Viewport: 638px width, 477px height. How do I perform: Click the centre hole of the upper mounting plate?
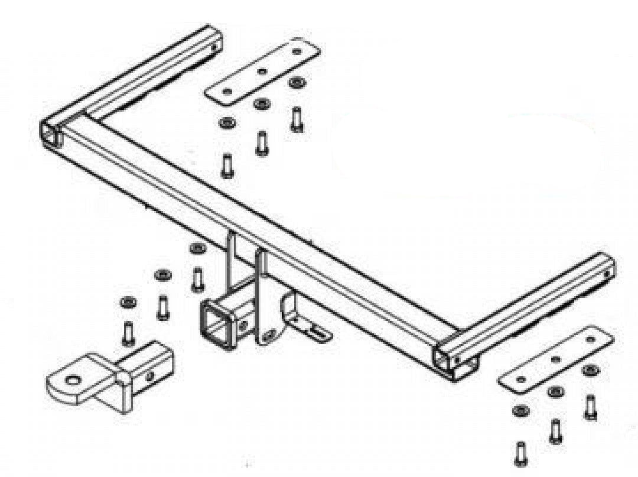[262, 72]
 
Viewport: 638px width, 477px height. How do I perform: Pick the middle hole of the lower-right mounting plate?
[555, 359]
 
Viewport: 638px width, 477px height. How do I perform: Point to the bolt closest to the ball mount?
[128, 333]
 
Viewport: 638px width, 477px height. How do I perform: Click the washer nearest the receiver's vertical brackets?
[197, 248]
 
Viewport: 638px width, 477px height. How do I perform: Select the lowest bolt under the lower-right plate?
[520, 453]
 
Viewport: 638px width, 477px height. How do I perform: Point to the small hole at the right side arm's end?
[608, 274]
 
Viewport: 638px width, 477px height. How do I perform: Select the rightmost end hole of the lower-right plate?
[590, 339]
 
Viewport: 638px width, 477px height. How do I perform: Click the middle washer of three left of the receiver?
[162, 275]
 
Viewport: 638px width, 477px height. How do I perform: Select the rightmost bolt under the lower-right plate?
[590, 407]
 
